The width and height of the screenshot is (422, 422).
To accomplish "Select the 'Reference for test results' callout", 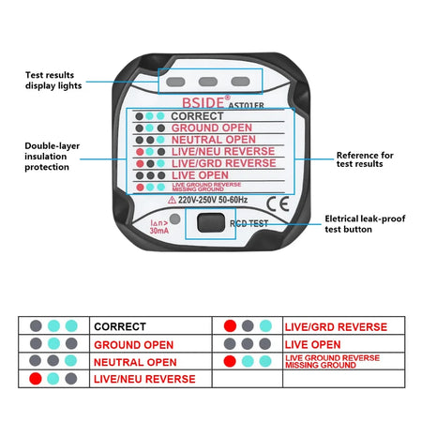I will pyautogui.click(x=366, y=159).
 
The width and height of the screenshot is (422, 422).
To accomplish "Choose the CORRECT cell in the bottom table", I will pyautogui.click(x=119, y=326).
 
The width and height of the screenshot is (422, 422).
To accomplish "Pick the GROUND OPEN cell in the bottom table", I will pyautogui.click(x=133, y=344).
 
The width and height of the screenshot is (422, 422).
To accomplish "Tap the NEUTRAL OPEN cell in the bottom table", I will pyautogui.click(x=135, y=362).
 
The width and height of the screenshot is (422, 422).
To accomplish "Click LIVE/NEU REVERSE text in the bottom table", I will pyautogui.click(x=144, y=379).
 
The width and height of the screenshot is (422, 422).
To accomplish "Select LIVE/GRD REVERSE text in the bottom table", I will pyautogui.click(x=335, y=326).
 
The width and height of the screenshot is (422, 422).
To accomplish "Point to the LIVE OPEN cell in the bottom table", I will pyautogui.click(x=312, y=344).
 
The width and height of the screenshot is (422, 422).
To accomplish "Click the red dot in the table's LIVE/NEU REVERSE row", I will pyautogui.click(x=36, y=379).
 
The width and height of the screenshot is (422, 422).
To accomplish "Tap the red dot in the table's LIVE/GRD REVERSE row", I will pyautogui.click(x=230, y=326).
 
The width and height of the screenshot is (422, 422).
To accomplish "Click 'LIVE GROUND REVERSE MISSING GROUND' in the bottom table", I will pyautogui.click(x=332, y=362).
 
